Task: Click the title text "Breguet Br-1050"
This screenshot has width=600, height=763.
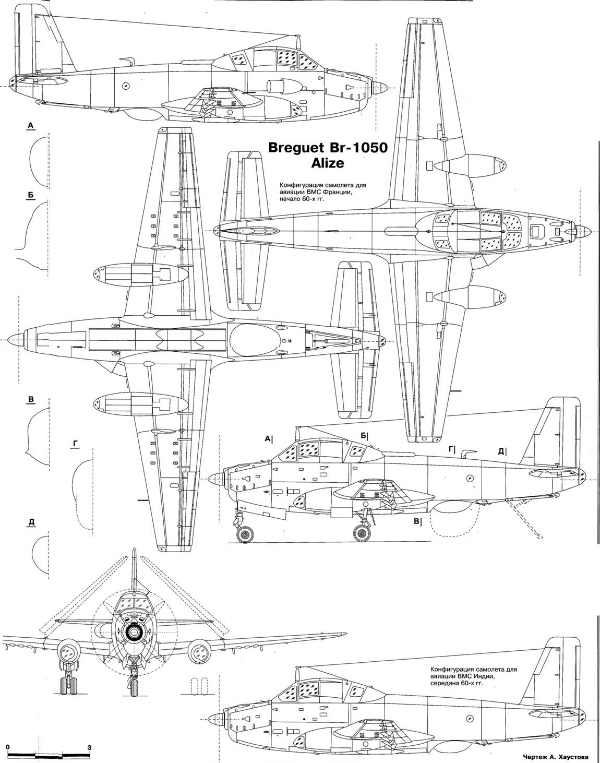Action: [328, 148]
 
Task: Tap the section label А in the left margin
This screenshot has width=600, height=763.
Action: [31, 125]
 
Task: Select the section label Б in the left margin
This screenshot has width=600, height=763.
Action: [31, 195]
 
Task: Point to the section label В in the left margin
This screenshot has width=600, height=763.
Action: [31, 400]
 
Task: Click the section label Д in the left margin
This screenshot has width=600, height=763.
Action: [31, 524]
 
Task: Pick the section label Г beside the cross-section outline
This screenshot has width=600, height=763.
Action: [76, 444]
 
